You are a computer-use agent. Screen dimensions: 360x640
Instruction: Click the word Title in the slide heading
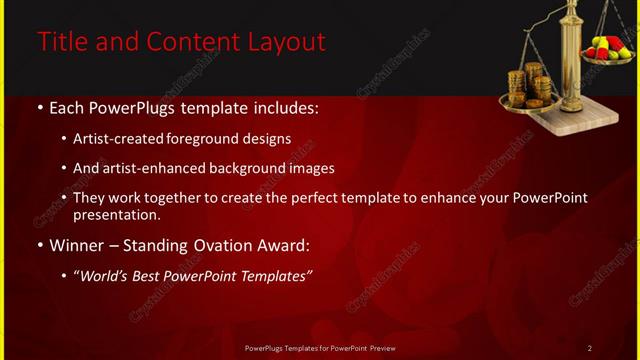click(61, 42)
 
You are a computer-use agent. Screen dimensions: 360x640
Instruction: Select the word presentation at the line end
click(116, 214)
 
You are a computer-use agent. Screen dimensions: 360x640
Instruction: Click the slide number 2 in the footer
click(590, 348)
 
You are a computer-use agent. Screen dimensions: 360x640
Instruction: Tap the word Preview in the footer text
click(378, 348)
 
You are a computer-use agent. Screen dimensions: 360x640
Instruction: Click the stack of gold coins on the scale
click(528, 86)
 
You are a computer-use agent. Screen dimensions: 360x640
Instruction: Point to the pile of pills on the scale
click(606, 47)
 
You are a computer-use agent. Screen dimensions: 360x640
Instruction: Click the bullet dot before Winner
click(39, 244)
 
